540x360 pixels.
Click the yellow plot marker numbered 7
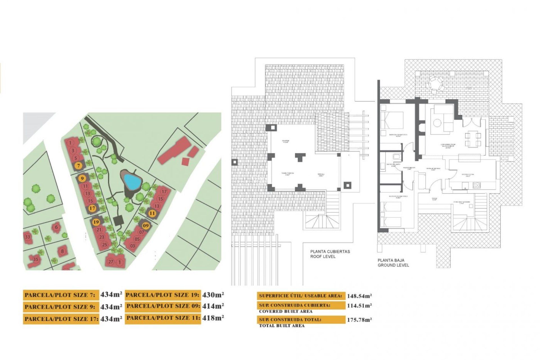(79, 166)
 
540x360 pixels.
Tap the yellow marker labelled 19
(96, 222)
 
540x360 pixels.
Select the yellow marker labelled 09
(146, 226)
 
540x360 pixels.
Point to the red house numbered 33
(28, 237)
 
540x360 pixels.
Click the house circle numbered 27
(111, 262)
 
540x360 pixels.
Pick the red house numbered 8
(62, 251)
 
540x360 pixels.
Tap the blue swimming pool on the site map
(132, 181)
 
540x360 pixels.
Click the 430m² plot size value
(213, 295)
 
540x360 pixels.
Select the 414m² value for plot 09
(213, 306)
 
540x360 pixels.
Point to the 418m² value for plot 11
(213, 318)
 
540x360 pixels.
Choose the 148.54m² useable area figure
(359, 296)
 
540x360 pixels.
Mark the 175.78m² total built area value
(359, 320)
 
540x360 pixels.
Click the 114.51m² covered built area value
(359, 305)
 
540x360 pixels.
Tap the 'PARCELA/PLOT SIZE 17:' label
(61, 319)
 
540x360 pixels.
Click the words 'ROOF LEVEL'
(323, 256)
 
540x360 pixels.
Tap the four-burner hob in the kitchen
(476, 185)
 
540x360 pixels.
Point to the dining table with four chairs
(473, 139)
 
